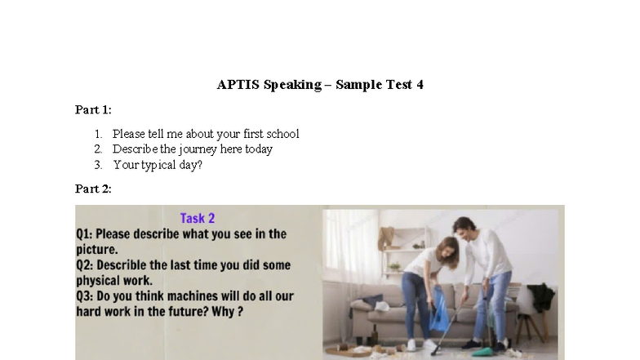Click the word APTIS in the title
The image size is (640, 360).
tap(238, 84)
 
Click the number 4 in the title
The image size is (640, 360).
tap(420, 84)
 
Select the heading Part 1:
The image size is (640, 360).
tap(93, 109)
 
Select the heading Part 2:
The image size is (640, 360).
tap(93, 189)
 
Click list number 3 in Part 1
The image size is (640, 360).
tap(97, 165)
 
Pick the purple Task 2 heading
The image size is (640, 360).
tap(198, 218)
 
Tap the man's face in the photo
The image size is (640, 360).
tap(464, 229)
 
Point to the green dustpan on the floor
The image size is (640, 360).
tap(482, 351)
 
